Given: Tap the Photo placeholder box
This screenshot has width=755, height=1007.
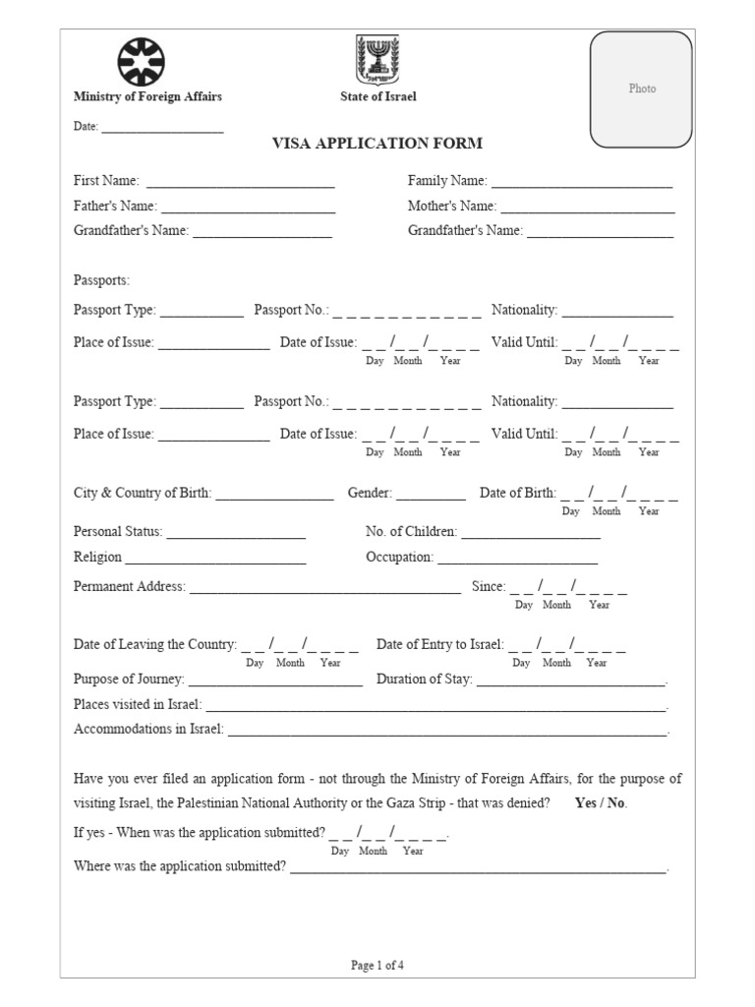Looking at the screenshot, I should pos(642,89).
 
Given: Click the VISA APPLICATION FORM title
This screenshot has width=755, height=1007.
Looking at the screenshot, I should pos(377,144).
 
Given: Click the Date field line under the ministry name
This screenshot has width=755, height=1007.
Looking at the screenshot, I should pos(162,130).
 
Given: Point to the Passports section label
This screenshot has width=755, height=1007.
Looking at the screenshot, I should pos(101,281).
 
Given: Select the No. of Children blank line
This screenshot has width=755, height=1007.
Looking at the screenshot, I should pos(531,536).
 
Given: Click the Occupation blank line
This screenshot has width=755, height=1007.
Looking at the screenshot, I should pos(517,562).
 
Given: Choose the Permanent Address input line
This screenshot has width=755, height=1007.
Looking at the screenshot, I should pos(324,591).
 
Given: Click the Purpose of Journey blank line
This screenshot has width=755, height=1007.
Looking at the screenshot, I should pos(275,683).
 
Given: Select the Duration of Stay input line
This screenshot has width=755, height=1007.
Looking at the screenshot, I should pos(571,683).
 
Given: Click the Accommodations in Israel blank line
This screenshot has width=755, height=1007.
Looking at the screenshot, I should pos(447,734).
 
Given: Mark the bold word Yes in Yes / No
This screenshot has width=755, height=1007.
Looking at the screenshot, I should pos(586,802).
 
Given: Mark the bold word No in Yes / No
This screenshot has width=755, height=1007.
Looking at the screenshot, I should pos(615,802).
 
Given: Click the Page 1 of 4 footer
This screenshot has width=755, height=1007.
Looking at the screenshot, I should pos(377,965).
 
